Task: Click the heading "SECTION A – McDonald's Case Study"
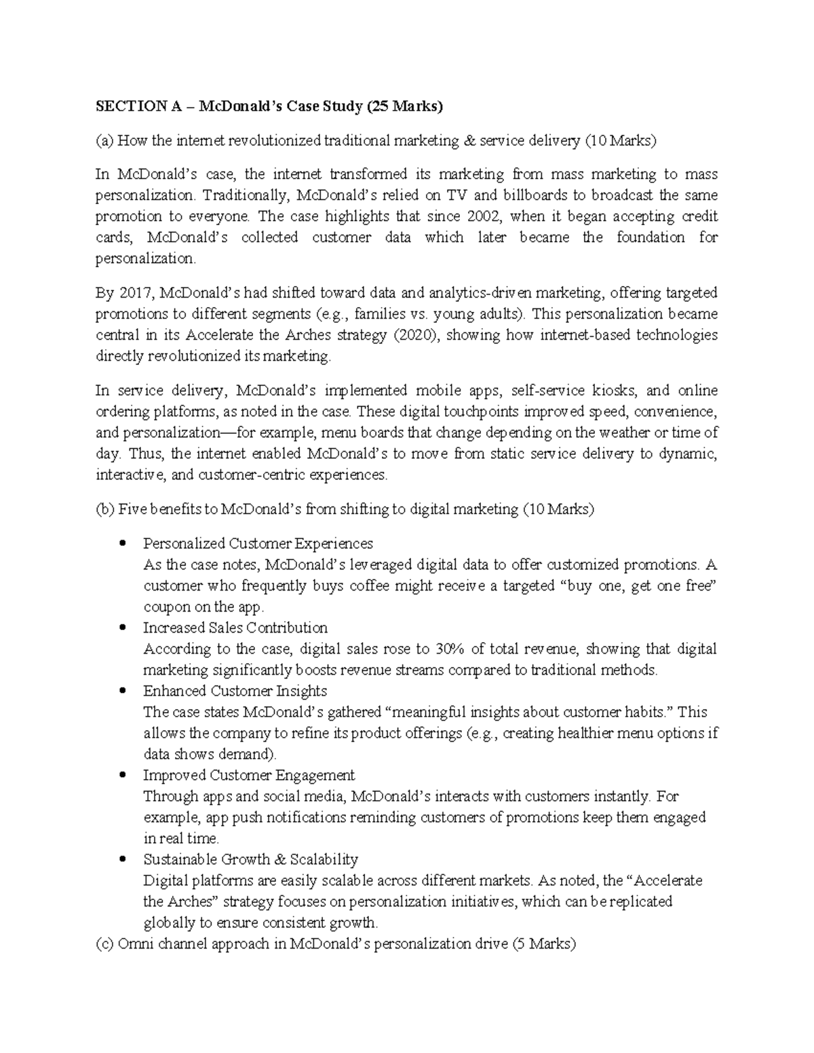pos(269,106)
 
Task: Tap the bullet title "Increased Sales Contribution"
pos(235,628)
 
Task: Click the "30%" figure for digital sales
pos(450,650)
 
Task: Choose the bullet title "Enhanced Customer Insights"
pos(235,691)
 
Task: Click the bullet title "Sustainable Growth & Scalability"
pos(250,860)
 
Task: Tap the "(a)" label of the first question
pos(104,141)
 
